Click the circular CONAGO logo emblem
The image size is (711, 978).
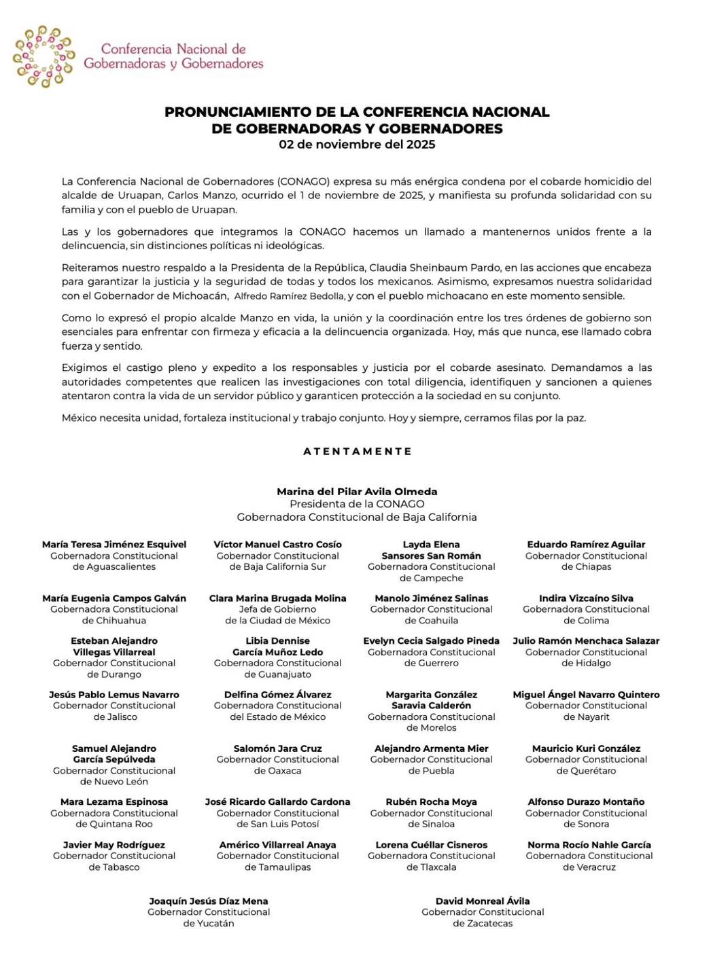coord(44,56)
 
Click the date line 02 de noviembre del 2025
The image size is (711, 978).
coord(357,145)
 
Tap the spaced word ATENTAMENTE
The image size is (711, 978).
coord(358,451)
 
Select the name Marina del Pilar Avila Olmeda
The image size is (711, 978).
coord(357,492)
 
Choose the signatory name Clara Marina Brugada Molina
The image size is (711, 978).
coord(277,598)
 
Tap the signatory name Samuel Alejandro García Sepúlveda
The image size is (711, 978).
coord(114,754)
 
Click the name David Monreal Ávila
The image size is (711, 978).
coord(483,901)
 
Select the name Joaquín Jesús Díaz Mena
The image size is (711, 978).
coord(209,901)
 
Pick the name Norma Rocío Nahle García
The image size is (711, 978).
coord(589,845)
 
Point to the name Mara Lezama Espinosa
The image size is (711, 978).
coord(114,802)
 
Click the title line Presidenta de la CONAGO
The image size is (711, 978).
coord(357,504)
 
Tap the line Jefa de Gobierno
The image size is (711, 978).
coord(277,609)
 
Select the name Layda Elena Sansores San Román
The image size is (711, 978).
coord(432,550)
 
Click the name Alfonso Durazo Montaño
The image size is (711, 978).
coord(587,802)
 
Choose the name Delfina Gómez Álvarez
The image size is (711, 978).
coord(277,695)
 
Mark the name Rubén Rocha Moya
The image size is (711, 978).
coord(432,802)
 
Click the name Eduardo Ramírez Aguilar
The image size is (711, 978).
coord(587,545)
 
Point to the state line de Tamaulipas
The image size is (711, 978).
coord(277,867)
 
